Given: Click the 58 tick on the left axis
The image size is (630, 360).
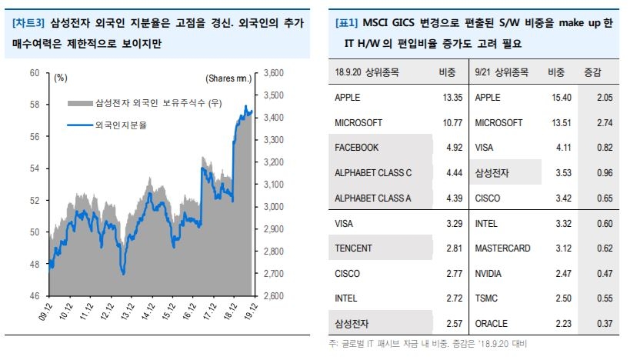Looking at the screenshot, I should pos(35,105).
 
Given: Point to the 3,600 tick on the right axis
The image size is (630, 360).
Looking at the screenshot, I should pos(275,73).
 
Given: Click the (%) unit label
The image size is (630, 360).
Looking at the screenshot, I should pos(62,78).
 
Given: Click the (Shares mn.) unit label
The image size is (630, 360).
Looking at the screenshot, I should pos(228,78).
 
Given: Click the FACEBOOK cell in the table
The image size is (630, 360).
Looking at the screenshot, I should pos(357,148).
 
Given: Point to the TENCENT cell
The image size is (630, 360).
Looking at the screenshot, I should pos(354,248).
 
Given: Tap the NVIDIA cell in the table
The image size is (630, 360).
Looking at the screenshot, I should pos(492,273).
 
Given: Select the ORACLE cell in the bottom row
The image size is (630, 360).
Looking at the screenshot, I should pos(492,324).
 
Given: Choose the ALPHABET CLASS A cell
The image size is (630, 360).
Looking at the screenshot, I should pos(374,198).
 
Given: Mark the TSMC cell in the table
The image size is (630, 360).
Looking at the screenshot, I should pos(488,298).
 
